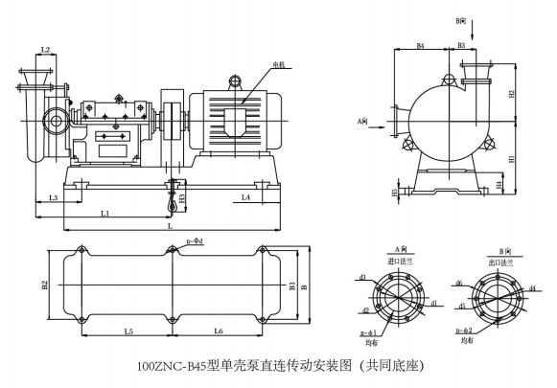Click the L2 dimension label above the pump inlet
45,49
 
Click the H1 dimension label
512,158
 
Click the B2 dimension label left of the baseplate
44,285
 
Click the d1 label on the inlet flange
435,304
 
